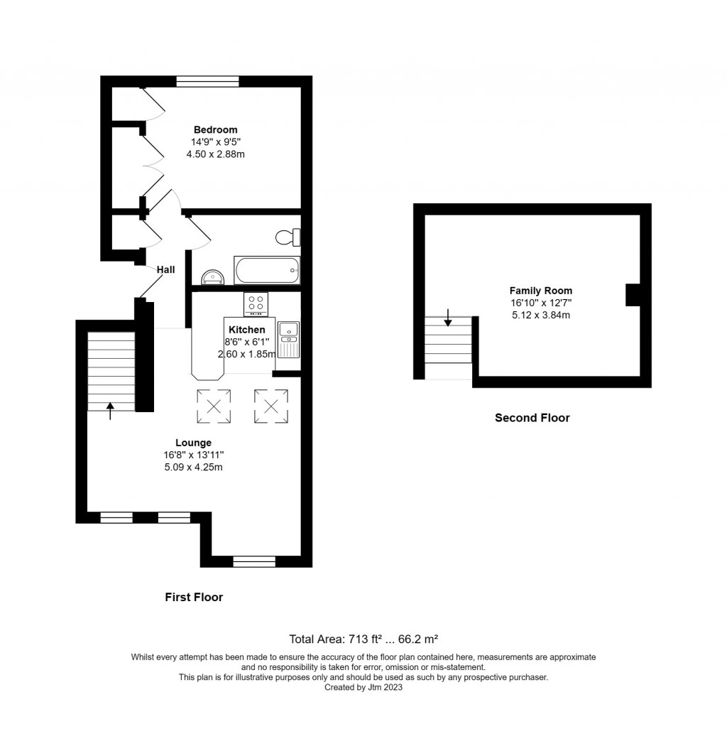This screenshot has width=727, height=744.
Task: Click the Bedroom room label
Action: pos(215,129)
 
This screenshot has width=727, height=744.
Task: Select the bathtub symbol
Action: pos(267,271)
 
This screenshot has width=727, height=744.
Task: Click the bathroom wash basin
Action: pos(213,276)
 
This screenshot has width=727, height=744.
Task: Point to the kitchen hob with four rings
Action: pos(258,304)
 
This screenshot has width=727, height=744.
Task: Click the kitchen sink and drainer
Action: pos(289,340)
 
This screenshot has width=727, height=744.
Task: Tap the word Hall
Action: pos(165,269)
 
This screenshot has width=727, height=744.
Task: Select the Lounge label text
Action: pos(193,443)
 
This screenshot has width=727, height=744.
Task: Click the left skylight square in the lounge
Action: pos(214,406)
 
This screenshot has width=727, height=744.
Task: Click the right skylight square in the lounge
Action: pos(271,406)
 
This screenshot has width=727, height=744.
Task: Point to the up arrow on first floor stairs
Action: pos(110,410)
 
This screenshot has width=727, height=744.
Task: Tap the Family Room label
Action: pos(540,291)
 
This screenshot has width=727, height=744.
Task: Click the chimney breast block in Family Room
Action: pos(633,295)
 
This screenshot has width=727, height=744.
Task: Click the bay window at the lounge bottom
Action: pos(254,561)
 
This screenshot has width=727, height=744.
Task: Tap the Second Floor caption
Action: pos(532,418)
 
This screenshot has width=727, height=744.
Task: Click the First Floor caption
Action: pos(194,597)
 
